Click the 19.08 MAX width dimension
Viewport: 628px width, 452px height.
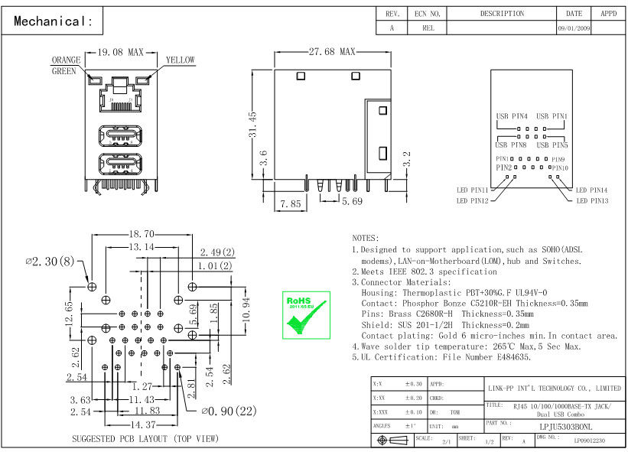pos(121,53)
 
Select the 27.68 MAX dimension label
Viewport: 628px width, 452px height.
pos(332,52)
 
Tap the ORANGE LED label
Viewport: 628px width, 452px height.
pos(66,60)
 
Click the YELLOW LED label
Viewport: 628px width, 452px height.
pos(180,60)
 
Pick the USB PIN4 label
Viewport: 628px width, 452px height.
pos(511,116)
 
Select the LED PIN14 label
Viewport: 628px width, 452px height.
pos(591,190)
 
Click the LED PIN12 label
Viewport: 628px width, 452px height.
pos(472,201)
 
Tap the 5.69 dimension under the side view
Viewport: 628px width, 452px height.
pos(352,202)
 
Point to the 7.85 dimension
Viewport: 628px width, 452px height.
pos(290,204)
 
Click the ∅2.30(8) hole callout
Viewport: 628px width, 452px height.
pos(50,262)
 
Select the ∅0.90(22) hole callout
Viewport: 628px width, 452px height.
pos(228,411)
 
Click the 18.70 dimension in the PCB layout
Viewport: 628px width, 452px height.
pos(142,234)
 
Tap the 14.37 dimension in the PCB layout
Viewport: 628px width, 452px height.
pos(142,424)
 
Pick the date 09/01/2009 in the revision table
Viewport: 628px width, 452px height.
pos(574,28)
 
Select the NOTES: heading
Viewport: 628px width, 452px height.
pos(366,239)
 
